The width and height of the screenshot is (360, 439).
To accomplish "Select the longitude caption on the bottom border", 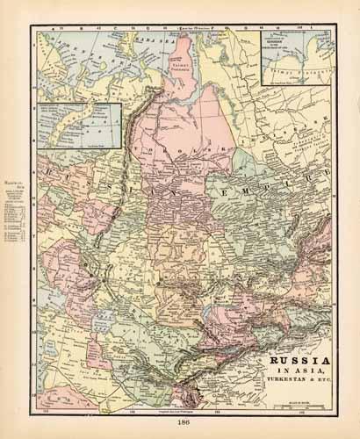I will point(175,410).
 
